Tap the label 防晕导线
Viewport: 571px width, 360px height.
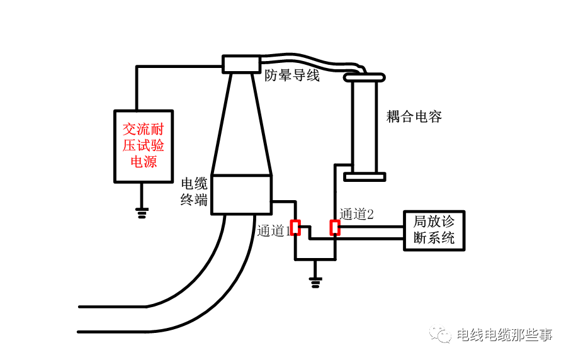coord(291,76)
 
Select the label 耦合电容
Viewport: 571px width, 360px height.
coord(414,116)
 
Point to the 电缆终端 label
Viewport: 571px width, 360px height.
coord(194,192)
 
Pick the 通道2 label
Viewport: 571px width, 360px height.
coord(356,214)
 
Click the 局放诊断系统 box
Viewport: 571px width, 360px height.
coord(434,230)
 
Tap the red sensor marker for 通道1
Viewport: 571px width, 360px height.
coord(295,228)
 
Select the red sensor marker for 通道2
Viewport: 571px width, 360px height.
coord(336,227)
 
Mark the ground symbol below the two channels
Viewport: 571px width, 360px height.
coord(315,281)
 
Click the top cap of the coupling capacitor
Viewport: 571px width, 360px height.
coord(364,77)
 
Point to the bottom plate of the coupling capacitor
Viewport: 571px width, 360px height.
coord(364,176)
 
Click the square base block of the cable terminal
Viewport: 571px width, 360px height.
coord(241,194)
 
